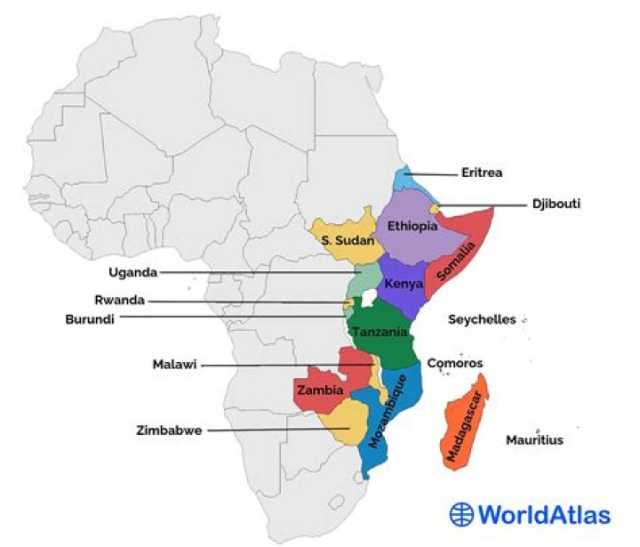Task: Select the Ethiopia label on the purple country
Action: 412,226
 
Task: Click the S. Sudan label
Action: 345,241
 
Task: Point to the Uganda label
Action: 132,272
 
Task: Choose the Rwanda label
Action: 119,301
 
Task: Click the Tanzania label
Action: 380,332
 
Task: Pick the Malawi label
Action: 174,365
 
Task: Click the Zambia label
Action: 320,390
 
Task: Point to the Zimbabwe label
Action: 169,430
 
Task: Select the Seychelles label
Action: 482,319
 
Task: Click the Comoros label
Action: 455,364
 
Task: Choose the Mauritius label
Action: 534,439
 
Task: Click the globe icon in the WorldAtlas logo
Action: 461,514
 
